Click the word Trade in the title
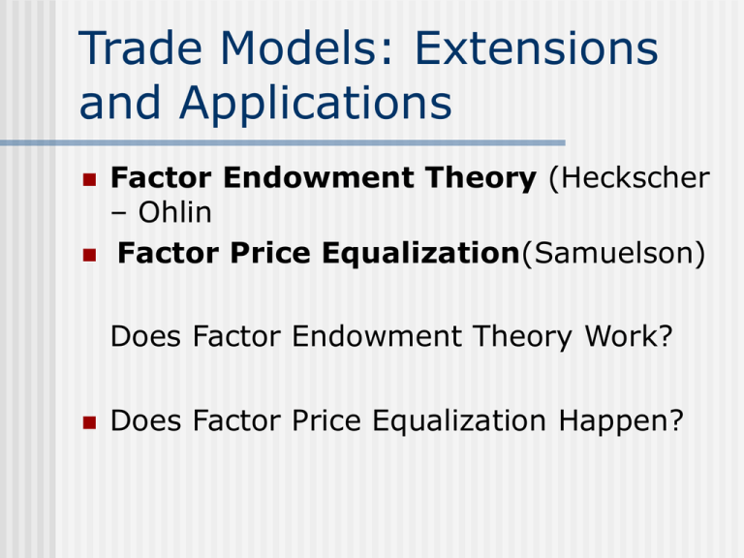tap(140, 47)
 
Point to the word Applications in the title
tap(316, 104)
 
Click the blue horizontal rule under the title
tap(282, 142)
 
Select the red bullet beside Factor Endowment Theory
tap(89, 179)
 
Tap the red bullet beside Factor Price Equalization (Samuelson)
tap(89, 255)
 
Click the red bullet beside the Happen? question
tap(89, 422)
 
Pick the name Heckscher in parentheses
tap(629, 178)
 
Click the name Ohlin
tap(174, 212)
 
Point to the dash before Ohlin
tap(118, 214)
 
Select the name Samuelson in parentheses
tap(614, 253)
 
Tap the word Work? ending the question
tap(629, 336)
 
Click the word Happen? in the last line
tap(621, 420)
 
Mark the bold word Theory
tap(480, 179)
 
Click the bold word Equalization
tap(420, 254)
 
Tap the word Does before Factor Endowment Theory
tap(145, 336)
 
